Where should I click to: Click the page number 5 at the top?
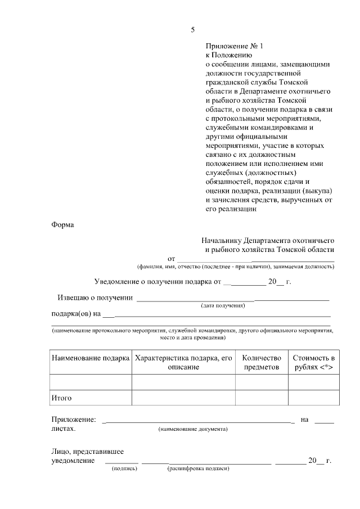click(193, 29)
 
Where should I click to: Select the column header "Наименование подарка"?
click(91, 358)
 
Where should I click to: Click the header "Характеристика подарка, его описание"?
click(183, 362)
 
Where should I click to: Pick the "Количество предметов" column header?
click(261, 362)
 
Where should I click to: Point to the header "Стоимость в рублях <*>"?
click(314, 362)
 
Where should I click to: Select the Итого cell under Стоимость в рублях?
click(314, 398)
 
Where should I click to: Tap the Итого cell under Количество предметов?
click(261, 398)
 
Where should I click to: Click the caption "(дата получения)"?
click(223, 305)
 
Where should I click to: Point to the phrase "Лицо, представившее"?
click(88, 451)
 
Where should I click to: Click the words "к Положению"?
click(229, 56)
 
